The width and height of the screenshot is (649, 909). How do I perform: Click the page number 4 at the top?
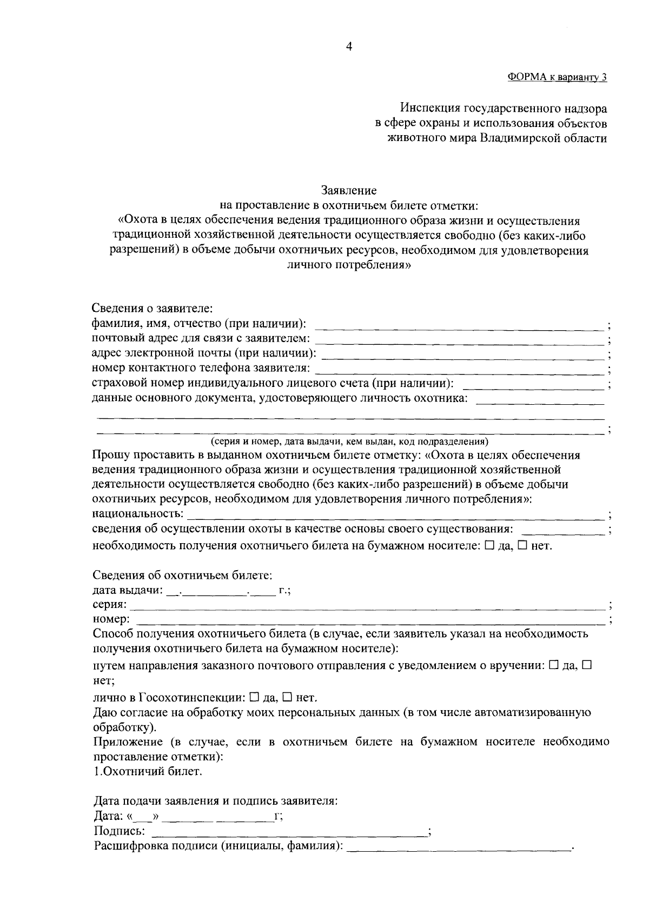point(349,47)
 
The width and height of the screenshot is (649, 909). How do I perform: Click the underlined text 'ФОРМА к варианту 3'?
point(557,77)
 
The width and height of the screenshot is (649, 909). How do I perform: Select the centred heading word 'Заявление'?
point(349,190)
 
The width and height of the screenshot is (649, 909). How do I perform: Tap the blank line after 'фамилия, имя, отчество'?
point(459,327)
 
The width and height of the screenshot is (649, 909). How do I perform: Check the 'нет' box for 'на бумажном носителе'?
point(522,546)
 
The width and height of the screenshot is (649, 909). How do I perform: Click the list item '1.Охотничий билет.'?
point(148,772)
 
